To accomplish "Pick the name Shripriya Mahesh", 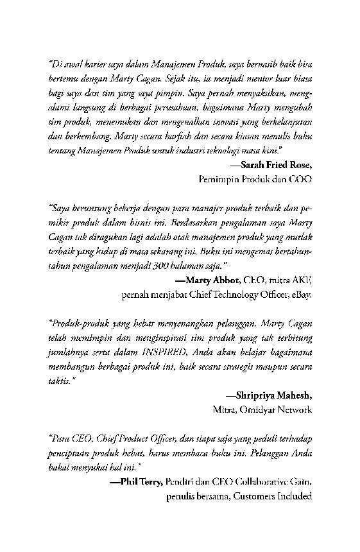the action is click(x=273, y=395).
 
